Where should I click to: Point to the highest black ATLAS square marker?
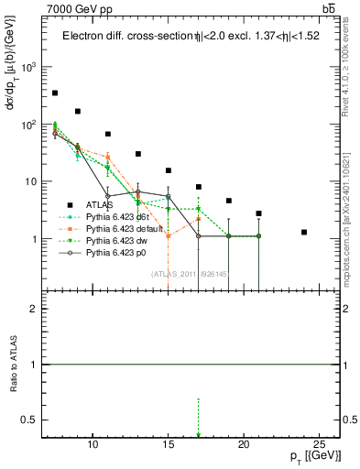[x=55, y=93]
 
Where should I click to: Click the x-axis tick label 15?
[x=169, y=444]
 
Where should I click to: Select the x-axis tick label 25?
[x=319, y=444]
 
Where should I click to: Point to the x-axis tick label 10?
[x=93, y=444]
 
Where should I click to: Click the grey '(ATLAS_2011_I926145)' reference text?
[x=191, y=273]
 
